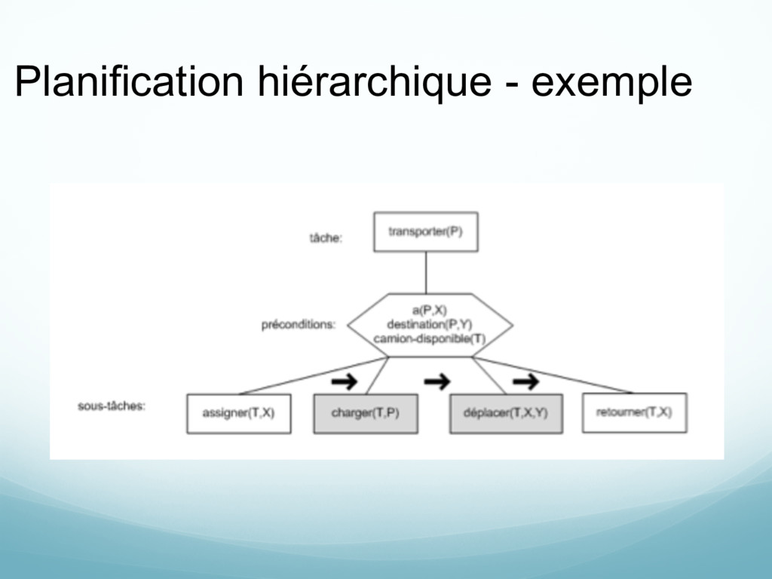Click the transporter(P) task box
point(425,231)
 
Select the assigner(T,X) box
point(238,413)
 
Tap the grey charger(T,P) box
point(366,413)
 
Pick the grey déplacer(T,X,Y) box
point(505,413)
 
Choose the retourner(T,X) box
point(634,413)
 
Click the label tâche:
point(326,237)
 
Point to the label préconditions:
point(298,325)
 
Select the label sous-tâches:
point(112,406)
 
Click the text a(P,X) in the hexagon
point(429,310)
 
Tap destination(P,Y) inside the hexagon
point(429,324)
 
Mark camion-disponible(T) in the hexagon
point(429,339)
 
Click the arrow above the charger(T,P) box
point(345,382)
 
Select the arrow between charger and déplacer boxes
point(437,382)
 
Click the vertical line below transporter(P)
point(426,272)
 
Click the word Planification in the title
point(128,81)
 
